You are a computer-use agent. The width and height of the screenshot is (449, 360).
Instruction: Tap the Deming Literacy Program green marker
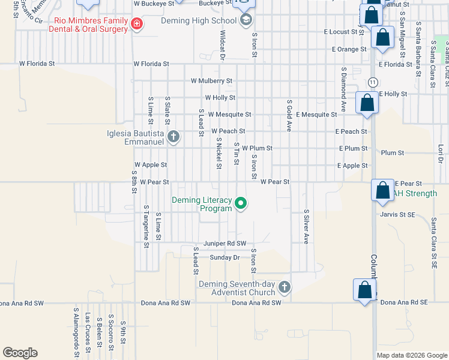point(241,204)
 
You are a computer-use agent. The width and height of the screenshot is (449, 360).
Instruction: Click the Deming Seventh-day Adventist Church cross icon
point(284,287)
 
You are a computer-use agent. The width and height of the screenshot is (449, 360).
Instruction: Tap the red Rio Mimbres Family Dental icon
point(137,24)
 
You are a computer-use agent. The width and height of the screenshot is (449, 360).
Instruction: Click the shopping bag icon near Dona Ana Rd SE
point(364,290)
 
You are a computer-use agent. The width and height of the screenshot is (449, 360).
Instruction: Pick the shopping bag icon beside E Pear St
point(382,191)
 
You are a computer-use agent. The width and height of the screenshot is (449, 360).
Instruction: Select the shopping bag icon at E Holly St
point(367,103)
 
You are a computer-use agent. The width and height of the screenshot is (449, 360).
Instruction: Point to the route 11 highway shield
point(373,81)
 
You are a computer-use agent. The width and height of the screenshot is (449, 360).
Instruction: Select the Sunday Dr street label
point(224,257)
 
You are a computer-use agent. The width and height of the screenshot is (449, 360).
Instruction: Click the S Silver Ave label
point(306,226)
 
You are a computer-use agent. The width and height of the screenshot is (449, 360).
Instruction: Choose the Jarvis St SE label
point(397,214)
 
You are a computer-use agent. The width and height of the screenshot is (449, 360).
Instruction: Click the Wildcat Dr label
point(222,46)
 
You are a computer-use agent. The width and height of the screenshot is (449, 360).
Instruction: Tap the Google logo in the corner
point(20,353)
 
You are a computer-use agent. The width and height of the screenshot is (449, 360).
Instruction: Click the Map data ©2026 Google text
point(411,355)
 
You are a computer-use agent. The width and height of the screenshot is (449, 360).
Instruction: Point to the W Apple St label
point(151,164)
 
